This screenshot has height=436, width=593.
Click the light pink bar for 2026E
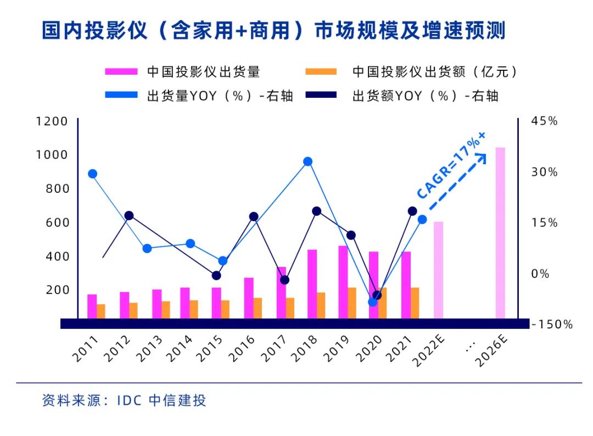500,233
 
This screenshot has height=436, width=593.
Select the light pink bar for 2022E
438,270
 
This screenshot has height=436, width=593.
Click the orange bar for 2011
100,311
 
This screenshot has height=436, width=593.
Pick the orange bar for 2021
415,303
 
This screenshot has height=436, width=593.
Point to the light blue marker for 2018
307,161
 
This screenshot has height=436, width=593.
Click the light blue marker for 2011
92,174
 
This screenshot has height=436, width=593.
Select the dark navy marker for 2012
129,216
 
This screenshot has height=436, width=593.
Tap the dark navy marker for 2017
284,280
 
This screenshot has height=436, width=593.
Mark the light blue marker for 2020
373,301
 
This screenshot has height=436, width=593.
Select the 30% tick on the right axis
544,172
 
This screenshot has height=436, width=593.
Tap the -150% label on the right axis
552,325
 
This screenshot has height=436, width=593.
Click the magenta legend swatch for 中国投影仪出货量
121,71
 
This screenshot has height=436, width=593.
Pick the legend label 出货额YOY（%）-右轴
425,96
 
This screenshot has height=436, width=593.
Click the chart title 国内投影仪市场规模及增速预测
273,31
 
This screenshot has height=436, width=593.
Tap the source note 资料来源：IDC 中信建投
124,400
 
